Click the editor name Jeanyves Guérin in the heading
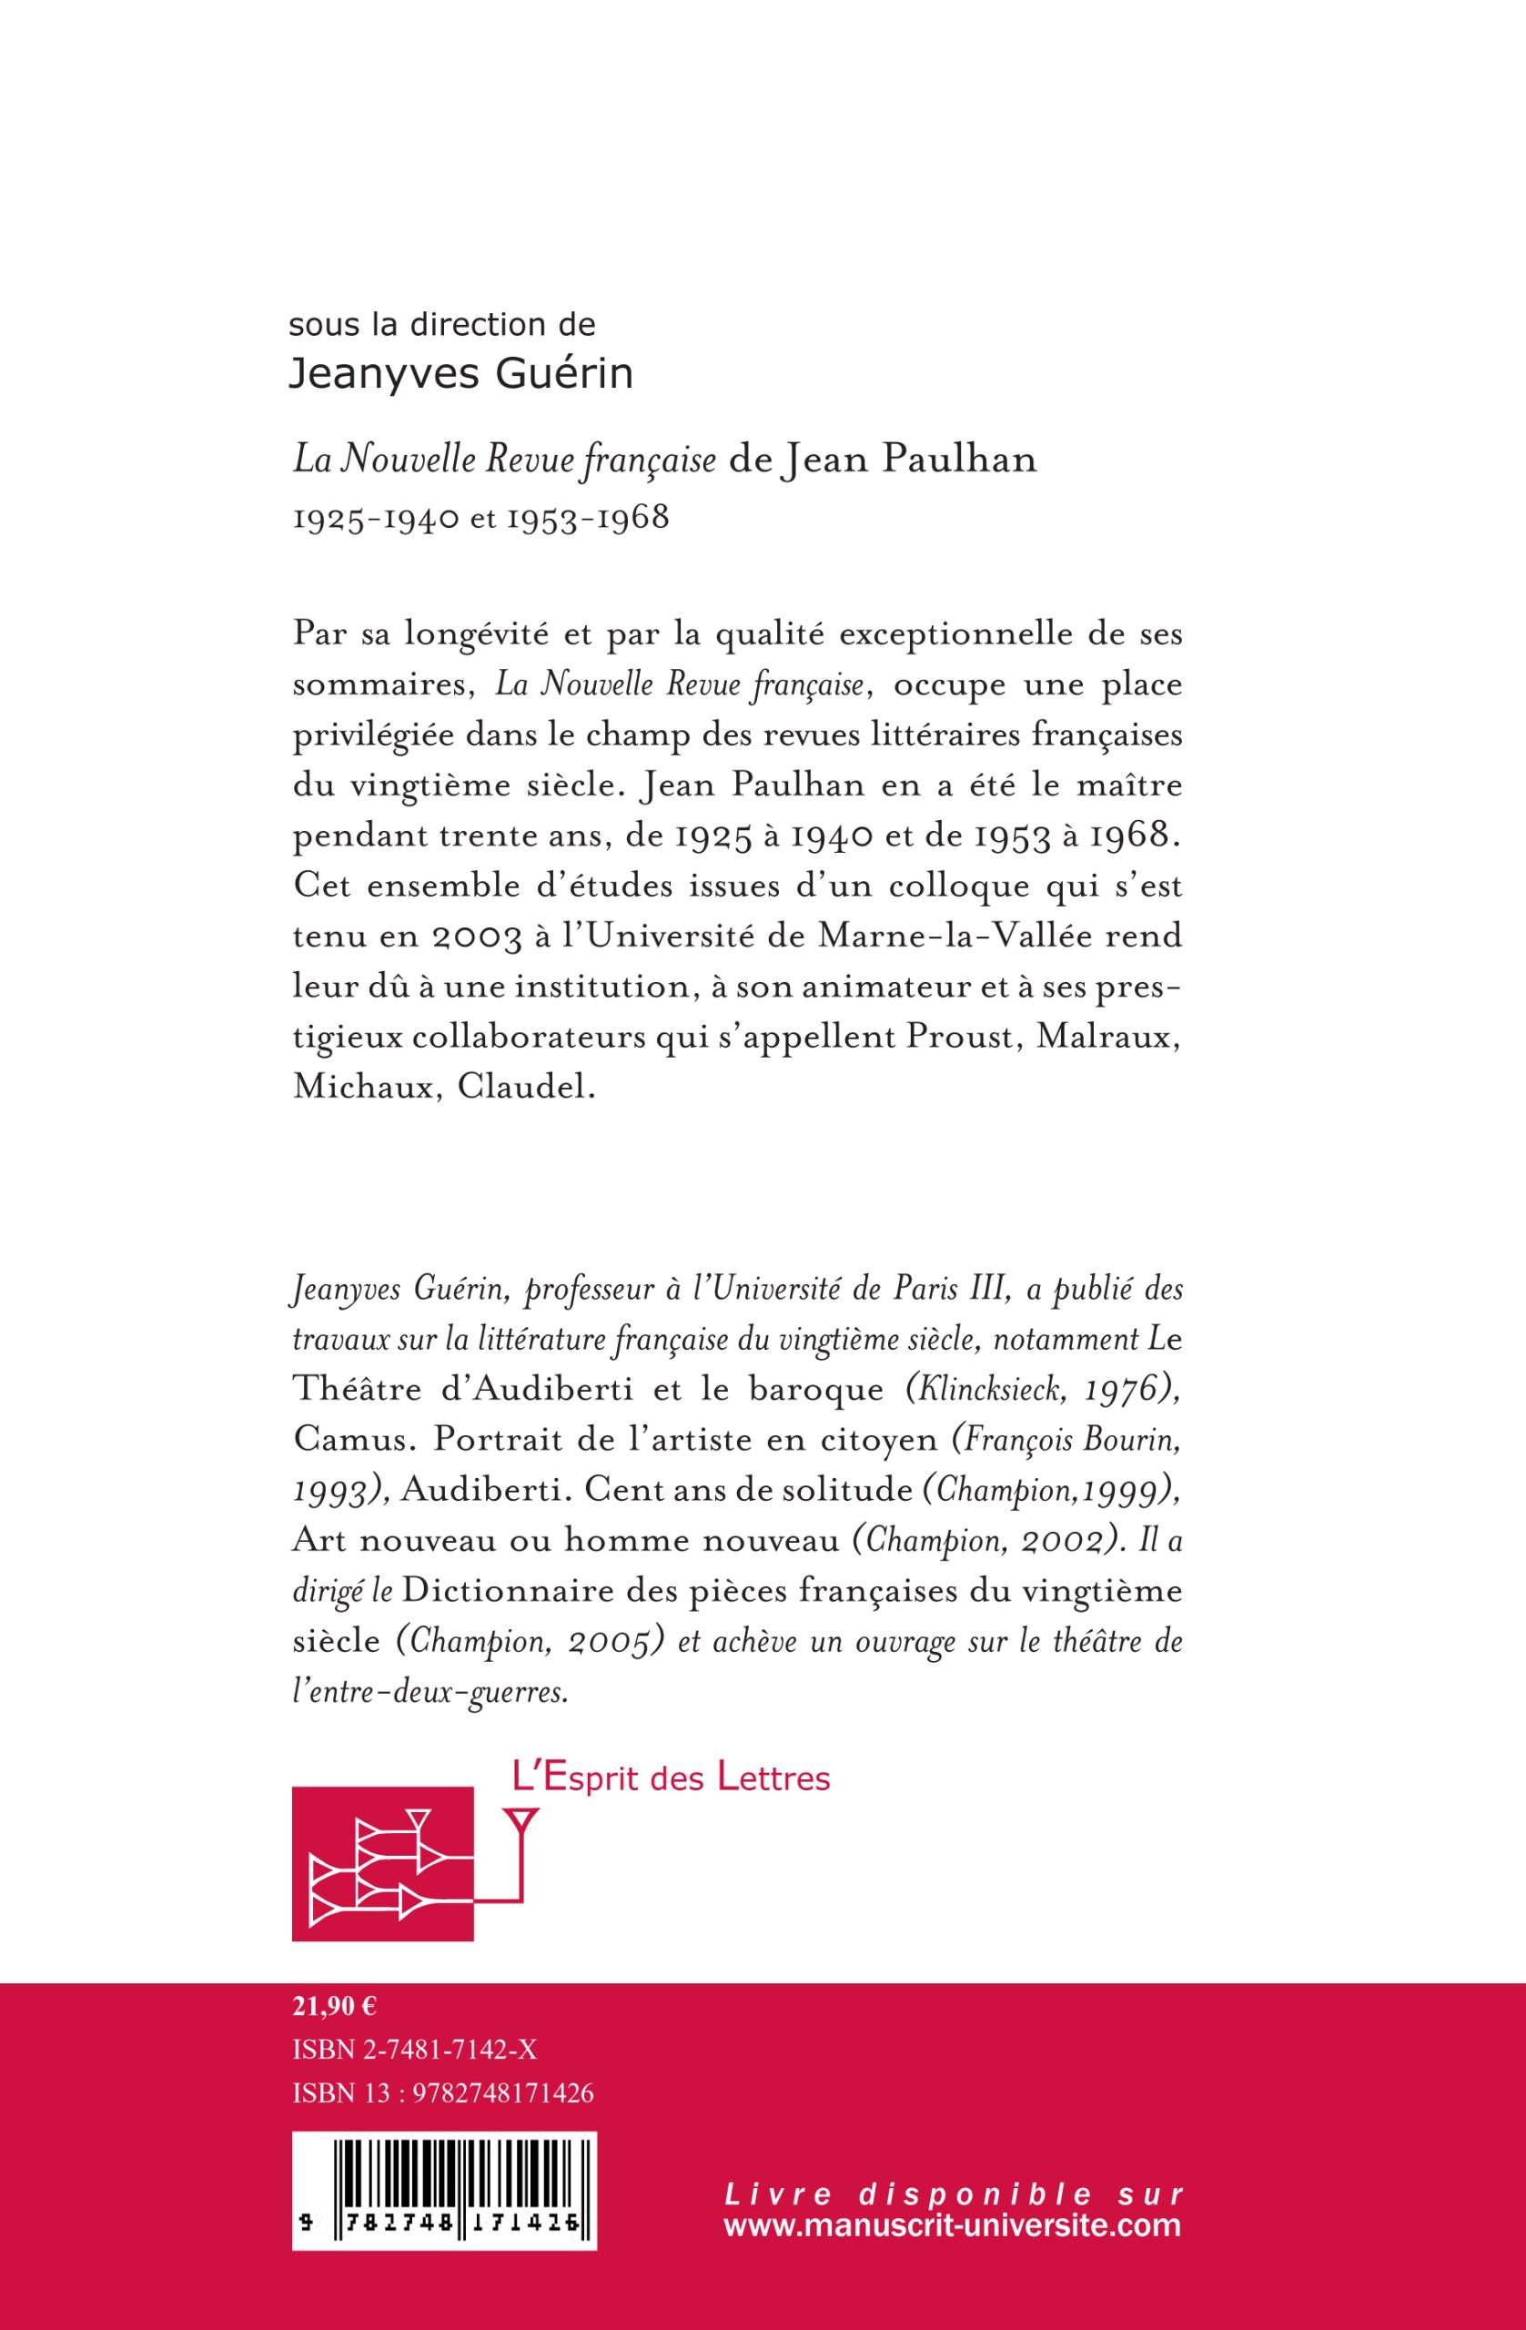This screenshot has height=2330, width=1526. coord(461,374)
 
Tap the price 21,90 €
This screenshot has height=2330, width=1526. coord(335,2007)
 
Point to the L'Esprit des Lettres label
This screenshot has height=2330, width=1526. coord(671,1777)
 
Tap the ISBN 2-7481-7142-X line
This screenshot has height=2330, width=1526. coord(415,2050)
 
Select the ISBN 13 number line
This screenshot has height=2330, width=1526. coord(443,2092)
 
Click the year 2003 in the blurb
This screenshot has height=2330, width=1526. coord(475,936)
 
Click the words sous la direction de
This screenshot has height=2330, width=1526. coord(441,324)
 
